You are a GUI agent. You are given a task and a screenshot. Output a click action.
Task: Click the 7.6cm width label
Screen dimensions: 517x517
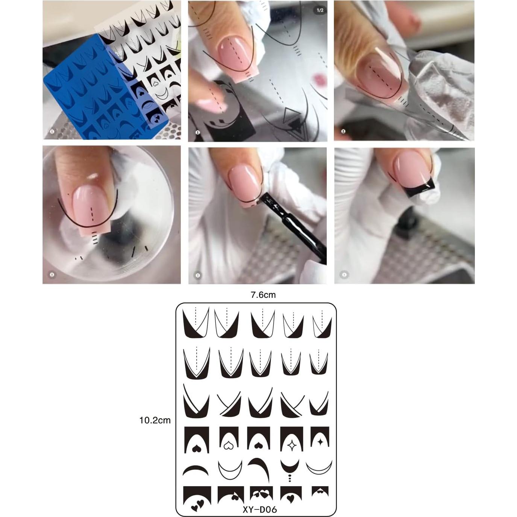(263, 295)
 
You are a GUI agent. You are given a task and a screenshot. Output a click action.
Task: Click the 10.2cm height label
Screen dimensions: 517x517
(155, 420)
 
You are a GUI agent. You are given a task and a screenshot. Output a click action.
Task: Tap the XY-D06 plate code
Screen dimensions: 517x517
(259, 509)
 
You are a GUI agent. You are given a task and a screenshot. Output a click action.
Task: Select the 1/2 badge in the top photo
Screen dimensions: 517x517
(320, 10)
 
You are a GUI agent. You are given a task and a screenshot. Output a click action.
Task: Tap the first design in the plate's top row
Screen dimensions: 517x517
(196, 323)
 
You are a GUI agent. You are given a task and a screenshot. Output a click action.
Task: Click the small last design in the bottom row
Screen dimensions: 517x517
(320, 491)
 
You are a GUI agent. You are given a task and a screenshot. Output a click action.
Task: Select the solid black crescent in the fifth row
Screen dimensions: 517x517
(196, 470)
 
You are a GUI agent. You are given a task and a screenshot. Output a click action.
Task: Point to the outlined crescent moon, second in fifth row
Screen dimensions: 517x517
(230, 470)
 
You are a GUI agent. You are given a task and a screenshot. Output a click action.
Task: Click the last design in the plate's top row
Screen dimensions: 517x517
(322, 323)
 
